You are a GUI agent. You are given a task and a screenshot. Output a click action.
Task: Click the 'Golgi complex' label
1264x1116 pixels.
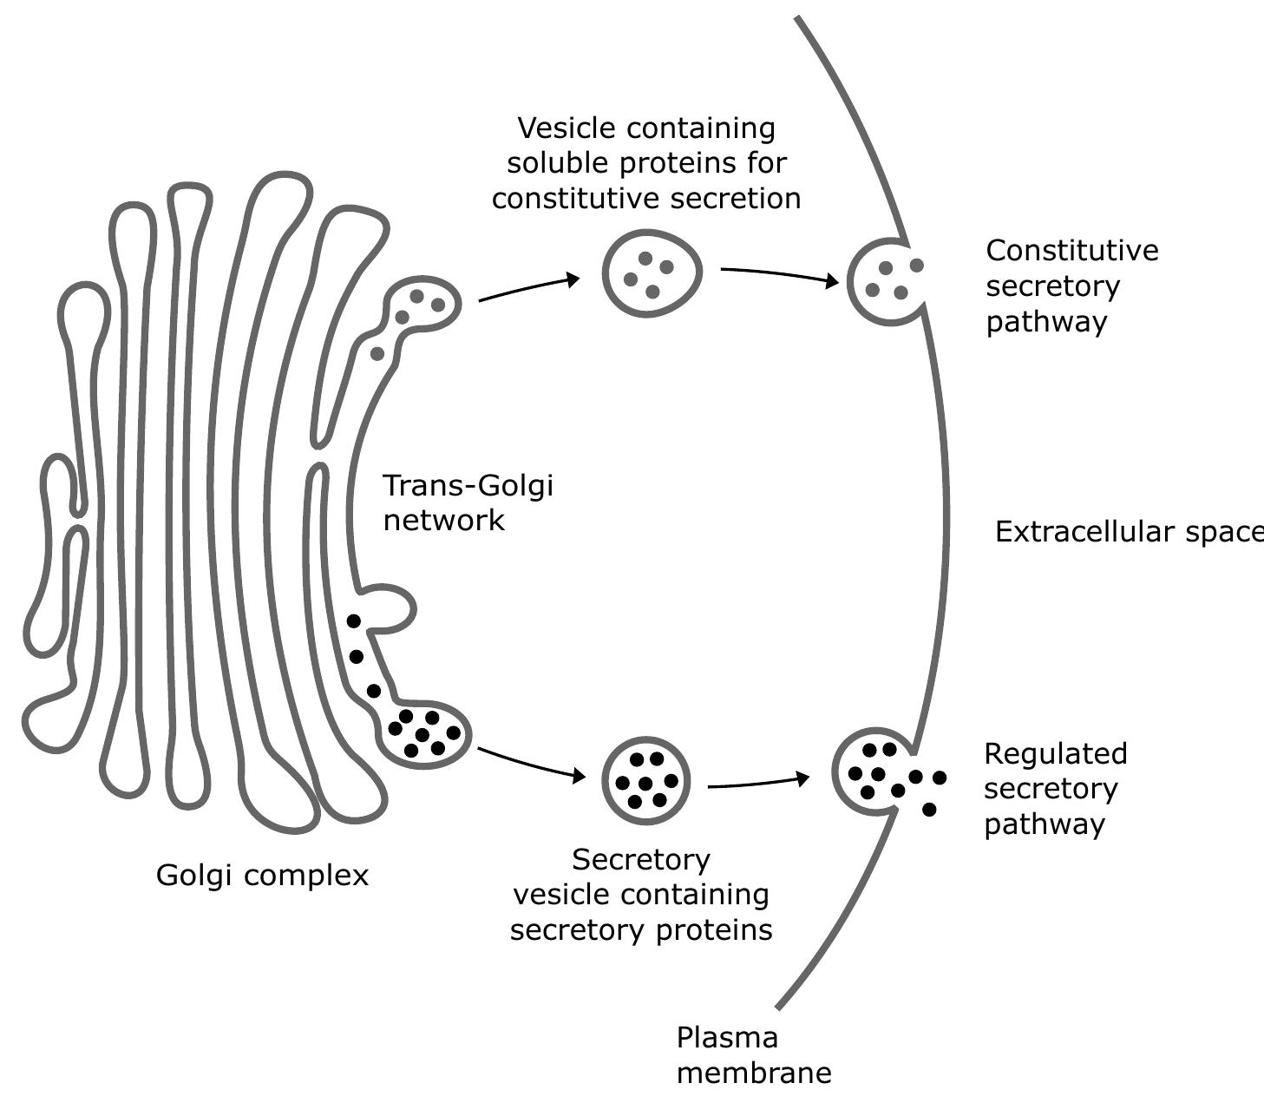point(262,875)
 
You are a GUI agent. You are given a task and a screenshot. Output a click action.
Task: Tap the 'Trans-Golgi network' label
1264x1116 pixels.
point(467,502)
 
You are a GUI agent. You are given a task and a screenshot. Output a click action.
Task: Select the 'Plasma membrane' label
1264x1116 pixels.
point(753,1055)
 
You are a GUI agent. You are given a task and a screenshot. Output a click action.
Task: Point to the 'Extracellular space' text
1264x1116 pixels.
point(1128,532)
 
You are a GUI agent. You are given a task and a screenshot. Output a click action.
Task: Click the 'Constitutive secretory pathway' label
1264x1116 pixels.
point(1071,286)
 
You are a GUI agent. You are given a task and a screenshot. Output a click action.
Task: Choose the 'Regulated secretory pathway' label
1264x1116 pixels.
point(1055,788)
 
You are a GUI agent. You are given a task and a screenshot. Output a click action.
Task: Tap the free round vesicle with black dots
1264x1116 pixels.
point(645,780)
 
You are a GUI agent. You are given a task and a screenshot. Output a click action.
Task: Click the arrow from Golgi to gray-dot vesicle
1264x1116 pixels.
point(529,288)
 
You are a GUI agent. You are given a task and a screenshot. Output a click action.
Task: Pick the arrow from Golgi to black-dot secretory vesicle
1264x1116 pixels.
point(531,764)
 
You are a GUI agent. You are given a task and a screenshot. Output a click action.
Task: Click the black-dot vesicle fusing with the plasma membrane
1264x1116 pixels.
point(873,771)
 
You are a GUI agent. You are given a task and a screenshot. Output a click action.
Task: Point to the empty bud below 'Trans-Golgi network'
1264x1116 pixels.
point(389,608)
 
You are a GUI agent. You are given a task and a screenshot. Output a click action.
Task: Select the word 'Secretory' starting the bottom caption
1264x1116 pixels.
point(641,860)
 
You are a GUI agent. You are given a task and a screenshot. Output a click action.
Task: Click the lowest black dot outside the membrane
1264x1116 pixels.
point(929,810)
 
